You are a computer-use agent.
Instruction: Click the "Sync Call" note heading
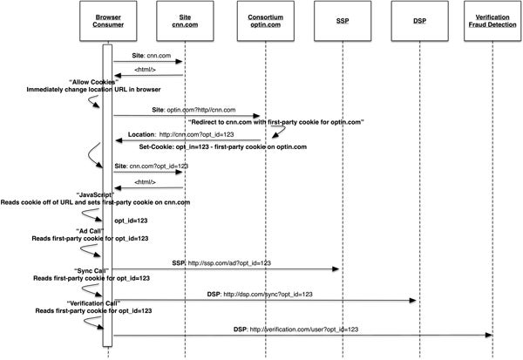(91, 270)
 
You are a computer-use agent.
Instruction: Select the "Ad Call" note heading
(90, 231)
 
